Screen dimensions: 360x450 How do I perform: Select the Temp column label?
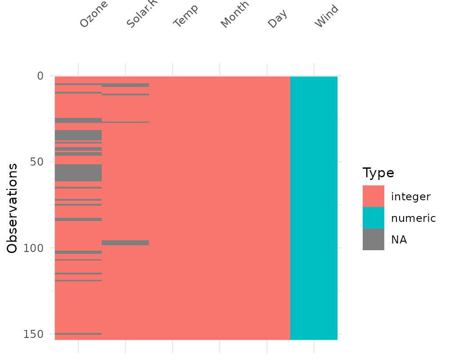185,17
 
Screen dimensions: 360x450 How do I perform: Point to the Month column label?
234,16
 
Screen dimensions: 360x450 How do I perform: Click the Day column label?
277,18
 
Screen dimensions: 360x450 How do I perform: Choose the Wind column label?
326,17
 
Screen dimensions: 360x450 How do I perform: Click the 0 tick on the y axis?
40,76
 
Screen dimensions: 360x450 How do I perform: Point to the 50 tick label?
37,162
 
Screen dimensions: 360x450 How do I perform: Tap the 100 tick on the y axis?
35,248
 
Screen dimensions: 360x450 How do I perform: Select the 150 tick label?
35,334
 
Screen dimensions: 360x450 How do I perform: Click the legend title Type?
378,173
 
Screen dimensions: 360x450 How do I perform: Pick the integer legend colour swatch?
373,196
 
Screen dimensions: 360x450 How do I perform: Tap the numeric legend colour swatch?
373,218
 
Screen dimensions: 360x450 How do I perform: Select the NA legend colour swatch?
373,239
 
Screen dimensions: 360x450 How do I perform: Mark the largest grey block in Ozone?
78,173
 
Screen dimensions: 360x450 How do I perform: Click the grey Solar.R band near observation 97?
125,243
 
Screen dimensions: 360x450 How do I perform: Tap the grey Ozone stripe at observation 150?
78,334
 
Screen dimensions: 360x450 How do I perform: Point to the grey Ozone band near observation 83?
78,219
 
